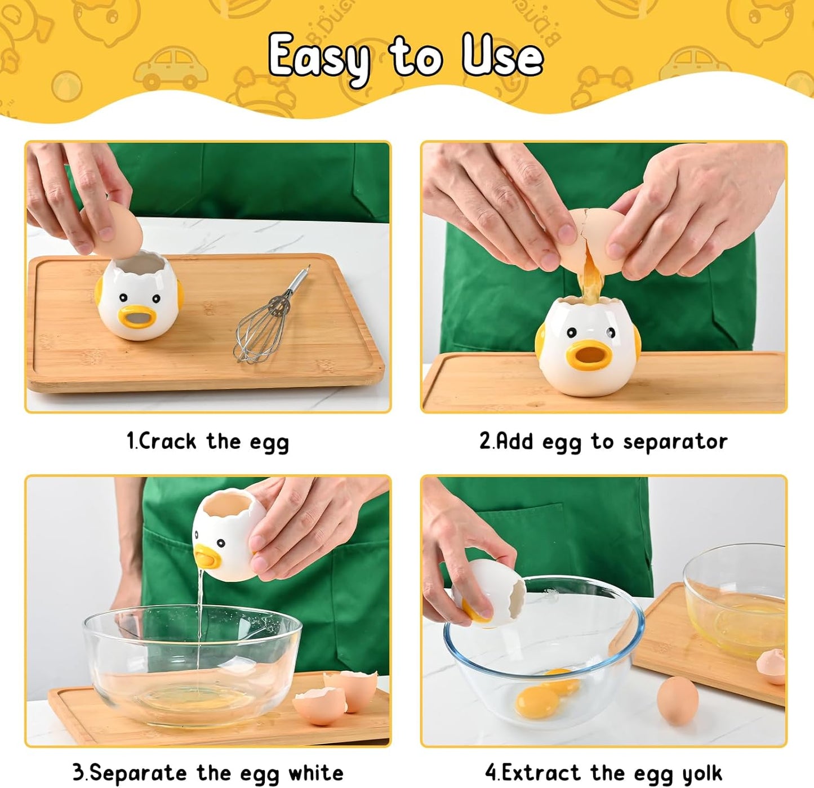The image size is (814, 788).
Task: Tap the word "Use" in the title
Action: [x=502, y=55]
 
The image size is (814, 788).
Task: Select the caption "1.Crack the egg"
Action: [x=207, y=442]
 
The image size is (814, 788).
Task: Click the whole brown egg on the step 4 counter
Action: [x=678, y=700]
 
